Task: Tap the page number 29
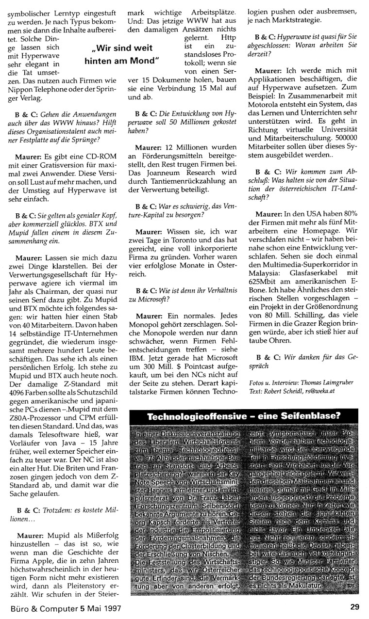point(355,606)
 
